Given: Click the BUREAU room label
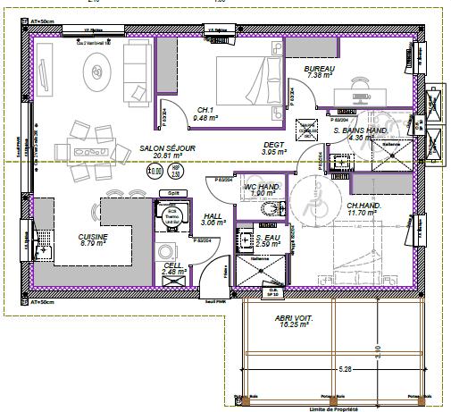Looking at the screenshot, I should pos(320,68).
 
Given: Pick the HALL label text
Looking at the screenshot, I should pos(213,216).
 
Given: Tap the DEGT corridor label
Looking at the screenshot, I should pos(272,146).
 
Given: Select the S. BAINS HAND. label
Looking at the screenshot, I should pos(360,130).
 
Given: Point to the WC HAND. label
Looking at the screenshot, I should pos(265,187).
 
